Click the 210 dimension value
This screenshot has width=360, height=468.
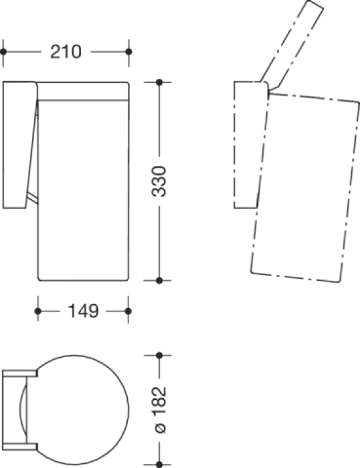pyautogui.click(x=66, y=51)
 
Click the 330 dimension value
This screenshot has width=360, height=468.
pyautogui.click(x=159, y=181)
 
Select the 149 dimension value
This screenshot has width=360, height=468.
pyautogui.click(x=84, y=311)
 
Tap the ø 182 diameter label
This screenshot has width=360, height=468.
pyautogui.click(x=159, y=409)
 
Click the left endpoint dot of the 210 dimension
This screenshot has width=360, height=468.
pyautogui.click(x=3, y=51)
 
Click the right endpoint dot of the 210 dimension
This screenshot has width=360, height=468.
pyautogui.click(x=128, y=51)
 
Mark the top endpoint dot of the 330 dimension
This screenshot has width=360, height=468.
pyautogui.click(x=159, y=82)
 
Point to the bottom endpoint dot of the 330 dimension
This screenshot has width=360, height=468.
pyautogui.click(x=159, y=281)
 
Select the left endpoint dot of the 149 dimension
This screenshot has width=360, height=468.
pyautogui.click(x=38, y=312)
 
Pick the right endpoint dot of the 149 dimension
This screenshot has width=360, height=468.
pyautogui.click(x=128, y=312)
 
